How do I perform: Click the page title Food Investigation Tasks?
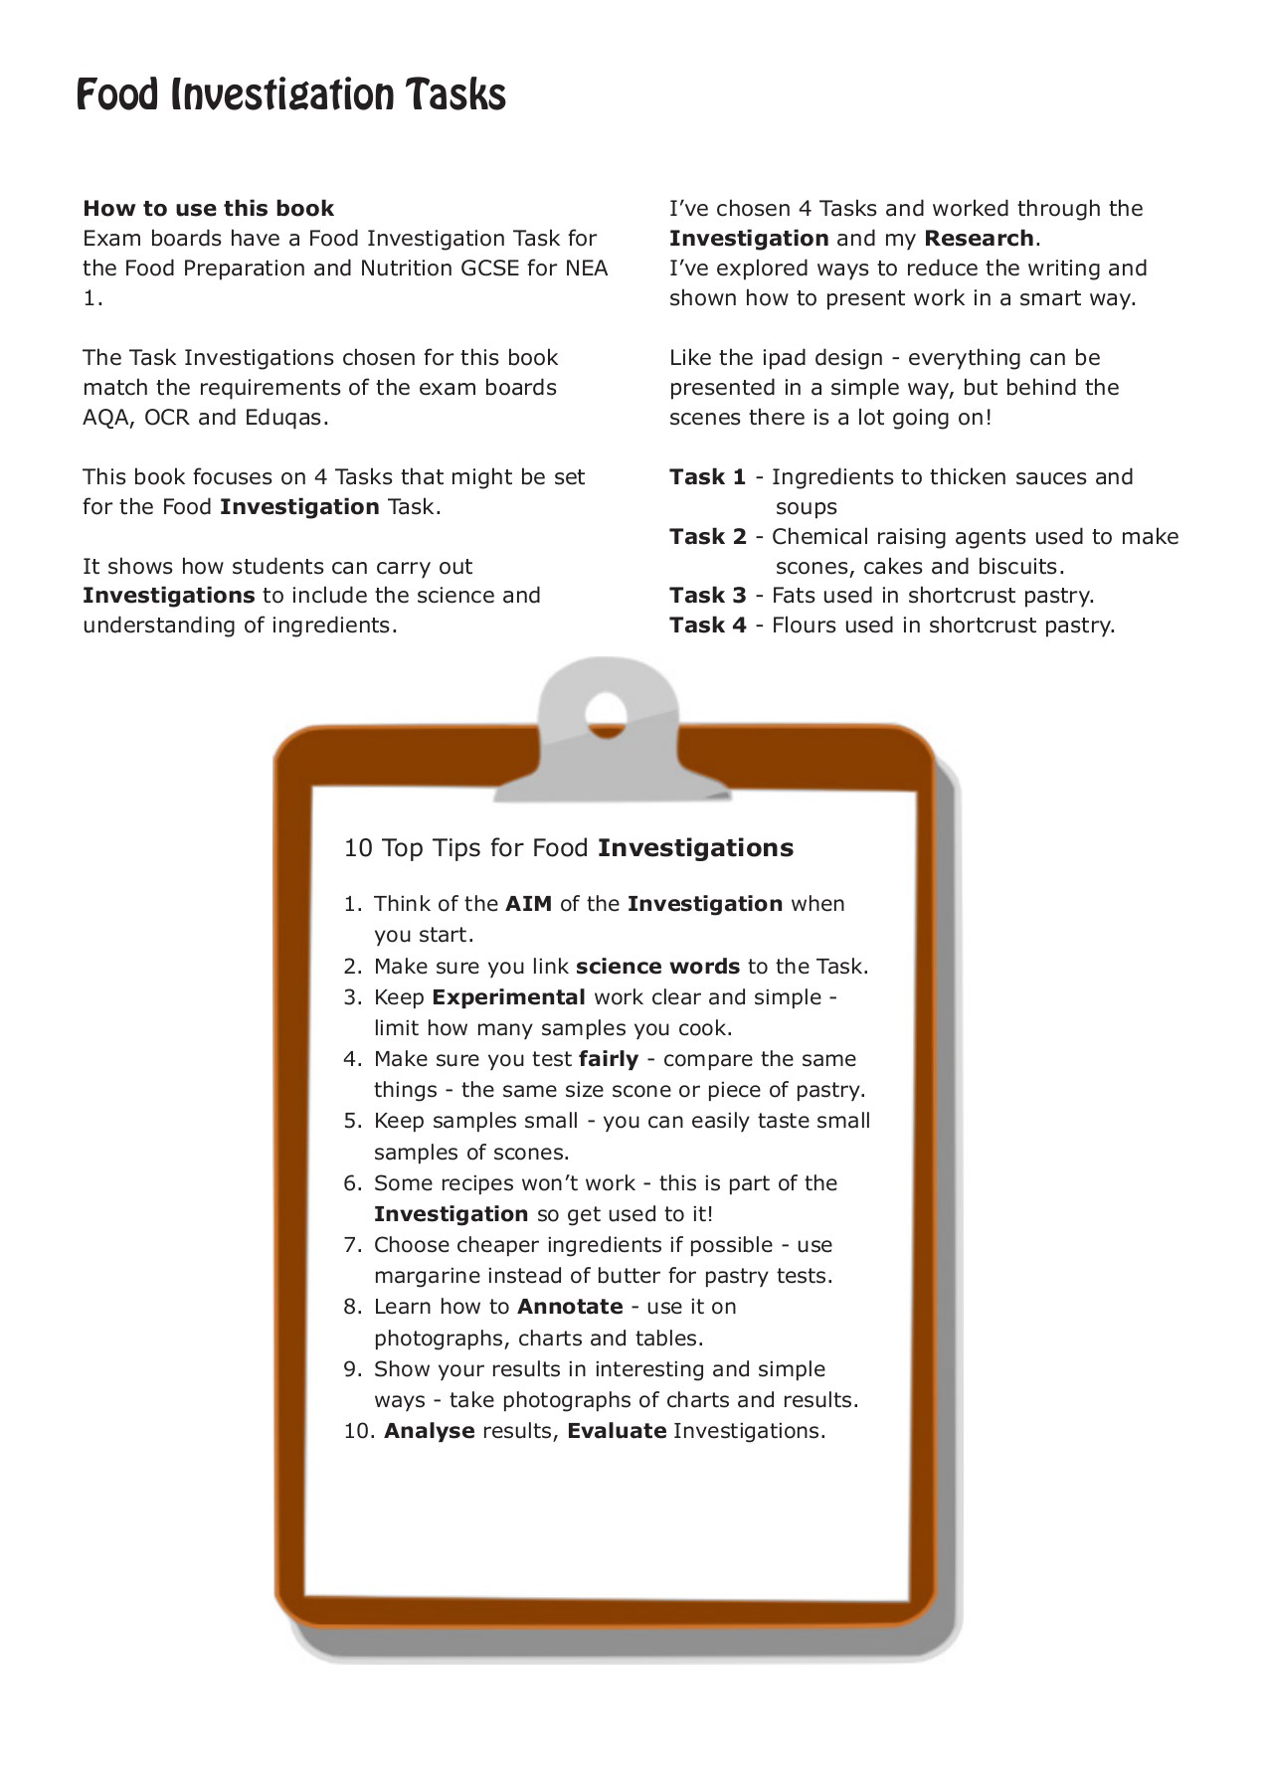pos(290,95)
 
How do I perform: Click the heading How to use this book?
pos(208,209)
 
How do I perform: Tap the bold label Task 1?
pos(707,477)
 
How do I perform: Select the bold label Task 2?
pos(707,537)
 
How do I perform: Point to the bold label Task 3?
pos(707,596)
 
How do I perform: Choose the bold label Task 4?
pos(707,626)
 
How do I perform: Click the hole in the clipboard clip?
pos(606,712)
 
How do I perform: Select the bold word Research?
pos(979,239)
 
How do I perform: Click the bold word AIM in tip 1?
pos(528,904)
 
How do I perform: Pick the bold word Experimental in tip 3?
pos(508,997)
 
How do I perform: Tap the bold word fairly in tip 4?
pos(608,1059)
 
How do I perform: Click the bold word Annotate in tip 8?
pos(570,1307)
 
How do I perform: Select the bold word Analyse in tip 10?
pos(429,1431)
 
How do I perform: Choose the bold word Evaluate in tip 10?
pos(617,1431)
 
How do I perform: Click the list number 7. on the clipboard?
pos(353,1245)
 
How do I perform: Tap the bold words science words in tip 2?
pos(657,967)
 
